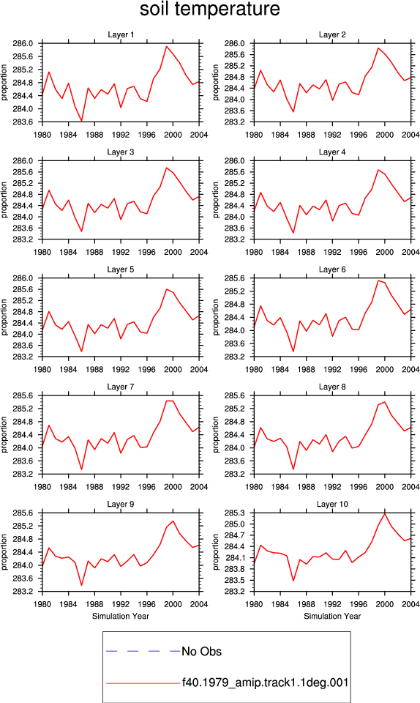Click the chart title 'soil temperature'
[210, 9]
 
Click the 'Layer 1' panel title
[121, 34]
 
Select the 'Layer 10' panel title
[332, 504]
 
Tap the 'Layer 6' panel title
[332, 269]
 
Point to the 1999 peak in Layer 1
[167, 46]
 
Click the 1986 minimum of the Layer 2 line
[293, 111]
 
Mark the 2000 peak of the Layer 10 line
[385, 513]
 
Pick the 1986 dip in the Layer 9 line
[81, 585]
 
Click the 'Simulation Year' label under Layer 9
[121, 616]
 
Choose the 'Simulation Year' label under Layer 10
[332, 616]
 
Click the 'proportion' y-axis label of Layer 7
[4, 434]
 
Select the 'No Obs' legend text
[201, 652]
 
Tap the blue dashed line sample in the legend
[143, 651]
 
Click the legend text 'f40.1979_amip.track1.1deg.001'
[265, 682]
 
